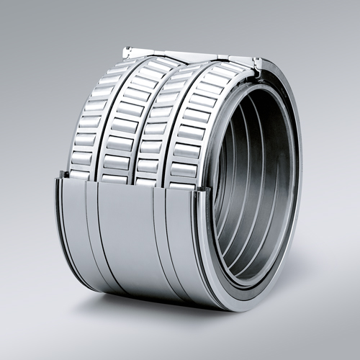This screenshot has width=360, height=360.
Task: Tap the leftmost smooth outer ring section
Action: tap(73, 223)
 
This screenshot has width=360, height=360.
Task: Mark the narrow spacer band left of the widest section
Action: tap(92, 230)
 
